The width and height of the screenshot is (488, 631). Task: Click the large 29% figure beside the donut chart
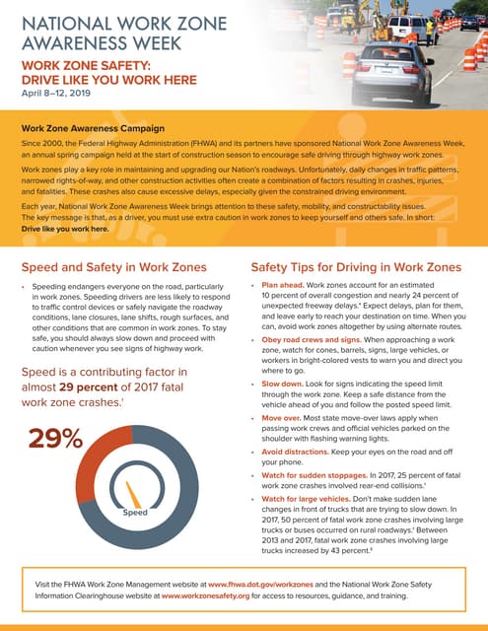tap(56, 439)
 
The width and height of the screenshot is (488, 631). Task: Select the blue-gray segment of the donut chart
tap(187, 493)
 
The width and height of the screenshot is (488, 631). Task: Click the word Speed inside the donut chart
tap(134, 513)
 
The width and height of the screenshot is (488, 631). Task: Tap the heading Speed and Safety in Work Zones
tap(113, 267)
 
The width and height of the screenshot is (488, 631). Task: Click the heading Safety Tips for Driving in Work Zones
tap(356, 267)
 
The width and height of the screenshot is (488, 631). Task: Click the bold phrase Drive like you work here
tap(69, 226)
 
